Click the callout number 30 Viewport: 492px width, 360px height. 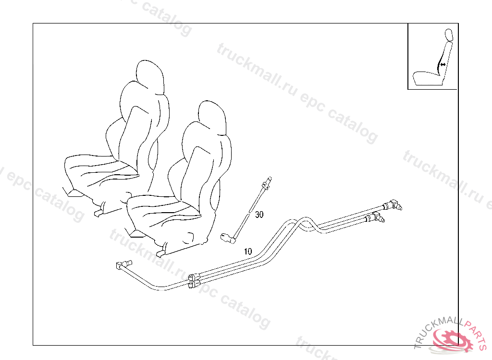pos(259,215)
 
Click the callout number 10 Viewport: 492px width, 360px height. pos(248,252)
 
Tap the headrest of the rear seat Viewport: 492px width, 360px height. pos(150,77)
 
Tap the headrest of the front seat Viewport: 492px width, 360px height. pos(212,118)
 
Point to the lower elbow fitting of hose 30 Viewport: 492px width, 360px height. pos(228,238)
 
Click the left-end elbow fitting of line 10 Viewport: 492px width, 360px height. pos(123,265)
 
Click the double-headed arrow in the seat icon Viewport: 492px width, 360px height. pos(443,65)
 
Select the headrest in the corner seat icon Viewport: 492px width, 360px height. pos(449,35)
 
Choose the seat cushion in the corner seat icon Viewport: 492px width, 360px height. pos(427,78)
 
